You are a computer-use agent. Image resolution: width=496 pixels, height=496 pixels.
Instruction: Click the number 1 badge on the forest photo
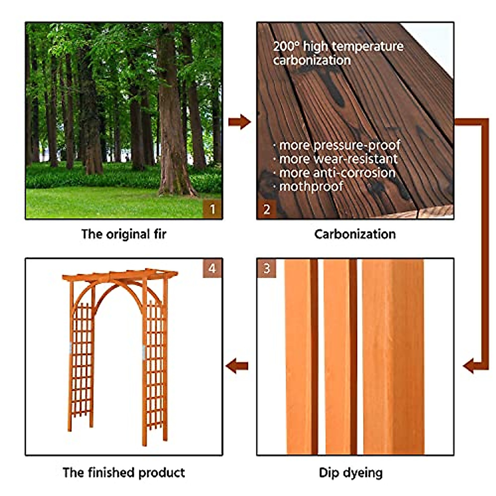click(x=212, y=209)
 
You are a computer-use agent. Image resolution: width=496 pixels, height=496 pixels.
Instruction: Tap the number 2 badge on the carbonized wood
click(x=267, y=209)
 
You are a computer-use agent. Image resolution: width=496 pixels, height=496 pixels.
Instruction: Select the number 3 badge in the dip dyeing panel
click(x=267, y=268)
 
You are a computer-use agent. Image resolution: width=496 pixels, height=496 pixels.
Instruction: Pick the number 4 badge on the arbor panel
click(x=212, y=268)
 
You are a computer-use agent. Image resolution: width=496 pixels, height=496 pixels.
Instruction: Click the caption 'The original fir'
click(x=124, y=234)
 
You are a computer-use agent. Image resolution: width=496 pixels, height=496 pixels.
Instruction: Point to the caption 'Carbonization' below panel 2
click(x=355, y=234)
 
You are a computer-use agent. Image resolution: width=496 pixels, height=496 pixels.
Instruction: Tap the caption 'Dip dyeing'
click(x=351, y=472)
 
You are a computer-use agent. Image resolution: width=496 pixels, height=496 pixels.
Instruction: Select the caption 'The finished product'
click(x=124, y=472)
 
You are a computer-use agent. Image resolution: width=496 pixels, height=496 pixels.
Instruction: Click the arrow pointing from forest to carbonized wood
click(x=240, y=122)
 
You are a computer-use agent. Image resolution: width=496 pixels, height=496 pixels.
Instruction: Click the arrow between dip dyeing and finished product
click(x=237, y=366)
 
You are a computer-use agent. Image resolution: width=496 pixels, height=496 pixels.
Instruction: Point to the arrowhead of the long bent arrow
click(x=469, y=366)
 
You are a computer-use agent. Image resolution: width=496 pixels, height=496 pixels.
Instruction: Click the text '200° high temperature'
click(x=338, y=46)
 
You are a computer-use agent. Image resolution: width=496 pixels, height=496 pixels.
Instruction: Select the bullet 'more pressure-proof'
click(x=339, y=145)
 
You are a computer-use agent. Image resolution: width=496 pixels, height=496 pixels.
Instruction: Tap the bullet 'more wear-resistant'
click(x=338, y=159)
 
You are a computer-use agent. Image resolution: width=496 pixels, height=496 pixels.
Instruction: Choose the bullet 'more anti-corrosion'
click(x=337, y=173)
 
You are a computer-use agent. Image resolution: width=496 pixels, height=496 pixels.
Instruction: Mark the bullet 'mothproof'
click(x=311, y=186)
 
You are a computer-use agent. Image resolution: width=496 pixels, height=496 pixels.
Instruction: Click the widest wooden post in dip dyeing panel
click(x=393, y=355)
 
